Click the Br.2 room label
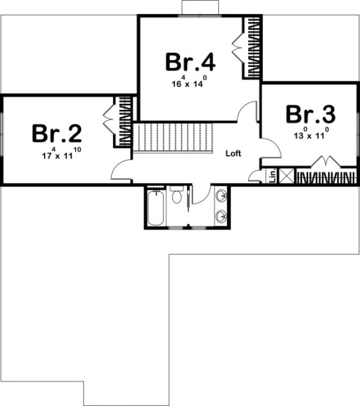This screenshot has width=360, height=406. coord(57,133)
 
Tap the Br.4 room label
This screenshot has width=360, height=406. coord(190,62)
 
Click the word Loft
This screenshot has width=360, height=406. coord(233,153)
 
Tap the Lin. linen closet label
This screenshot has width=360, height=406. coord(272,176)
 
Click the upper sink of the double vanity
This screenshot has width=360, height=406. coord(221,197)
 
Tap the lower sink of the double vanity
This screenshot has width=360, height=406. coord(221,215)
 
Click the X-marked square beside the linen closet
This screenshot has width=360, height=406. coord(286,176)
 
